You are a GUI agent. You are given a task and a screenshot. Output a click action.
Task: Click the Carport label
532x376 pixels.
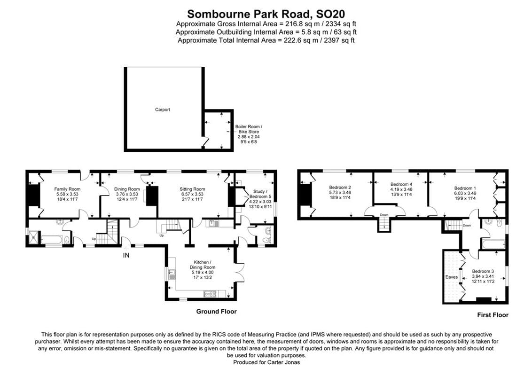tap(163, 110)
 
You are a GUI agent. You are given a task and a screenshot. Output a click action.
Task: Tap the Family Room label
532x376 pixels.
tap(64, 189)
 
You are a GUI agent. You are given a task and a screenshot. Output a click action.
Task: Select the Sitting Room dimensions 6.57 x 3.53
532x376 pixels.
tap(192, 194)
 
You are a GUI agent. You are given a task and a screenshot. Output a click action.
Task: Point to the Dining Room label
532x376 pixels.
tap(127, 189)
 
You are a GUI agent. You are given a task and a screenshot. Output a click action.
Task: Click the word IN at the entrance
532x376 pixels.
tap(126, 255)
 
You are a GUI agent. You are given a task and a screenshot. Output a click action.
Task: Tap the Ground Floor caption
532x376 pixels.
tap(216, 312)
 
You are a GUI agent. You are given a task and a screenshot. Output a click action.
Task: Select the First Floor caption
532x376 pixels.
tap(493, 315)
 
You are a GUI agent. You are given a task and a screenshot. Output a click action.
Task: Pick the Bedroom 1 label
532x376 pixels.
tap(465, 188)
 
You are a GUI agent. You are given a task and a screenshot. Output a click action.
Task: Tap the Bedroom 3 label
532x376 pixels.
tap(483, 271)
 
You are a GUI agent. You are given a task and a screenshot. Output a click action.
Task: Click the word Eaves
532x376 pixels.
tap(451, 277)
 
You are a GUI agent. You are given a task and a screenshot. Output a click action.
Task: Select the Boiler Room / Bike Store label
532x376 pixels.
tap(249, 129)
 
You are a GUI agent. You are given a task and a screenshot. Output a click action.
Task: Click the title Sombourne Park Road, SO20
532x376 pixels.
tap(266, 14)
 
